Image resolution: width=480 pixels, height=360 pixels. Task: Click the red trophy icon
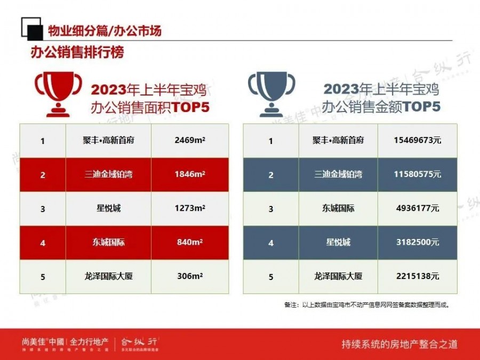click(58, 94)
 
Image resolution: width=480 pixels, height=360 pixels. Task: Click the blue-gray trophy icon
click(271, 94)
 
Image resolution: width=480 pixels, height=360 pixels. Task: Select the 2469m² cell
click(190, 140)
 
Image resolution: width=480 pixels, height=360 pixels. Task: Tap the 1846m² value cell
click(190, 174)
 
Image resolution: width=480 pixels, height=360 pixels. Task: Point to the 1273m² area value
click(190, 208)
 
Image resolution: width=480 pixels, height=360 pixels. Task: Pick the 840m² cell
click(190, 242)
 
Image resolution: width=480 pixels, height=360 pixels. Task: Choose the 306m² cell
click(190, 276)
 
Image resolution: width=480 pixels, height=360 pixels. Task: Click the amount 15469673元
click(418, 140)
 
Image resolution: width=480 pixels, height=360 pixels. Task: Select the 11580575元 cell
click(418, 174)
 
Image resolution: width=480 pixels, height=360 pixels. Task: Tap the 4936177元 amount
click(418, 208)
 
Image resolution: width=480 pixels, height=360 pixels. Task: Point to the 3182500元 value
click(418, 242)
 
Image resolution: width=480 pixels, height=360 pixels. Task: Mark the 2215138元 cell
click(418, 276)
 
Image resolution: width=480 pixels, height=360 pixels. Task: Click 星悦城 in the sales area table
click(109, 208)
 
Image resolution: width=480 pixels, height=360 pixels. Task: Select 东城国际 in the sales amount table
click(338, 208)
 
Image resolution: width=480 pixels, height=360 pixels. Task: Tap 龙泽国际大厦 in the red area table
click(109, 276)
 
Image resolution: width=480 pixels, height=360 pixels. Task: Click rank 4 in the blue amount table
click(271, 243)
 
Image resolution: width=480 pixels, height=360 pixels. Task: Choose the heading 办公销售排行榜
click(77, 52)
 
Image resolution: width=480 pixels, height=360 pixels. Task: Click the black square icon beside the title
click(31, 29)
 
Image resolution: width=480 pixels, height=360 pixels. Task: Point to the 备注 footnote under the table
click(367, 305)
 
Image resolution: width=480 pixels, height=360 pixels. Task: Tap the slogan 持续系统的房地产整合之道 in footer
click(399, 344)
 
